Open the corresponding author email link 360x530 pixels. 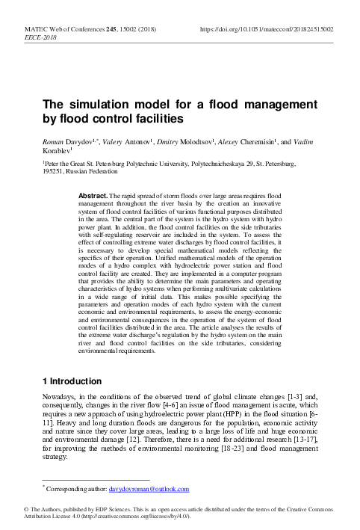(149, 489)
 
